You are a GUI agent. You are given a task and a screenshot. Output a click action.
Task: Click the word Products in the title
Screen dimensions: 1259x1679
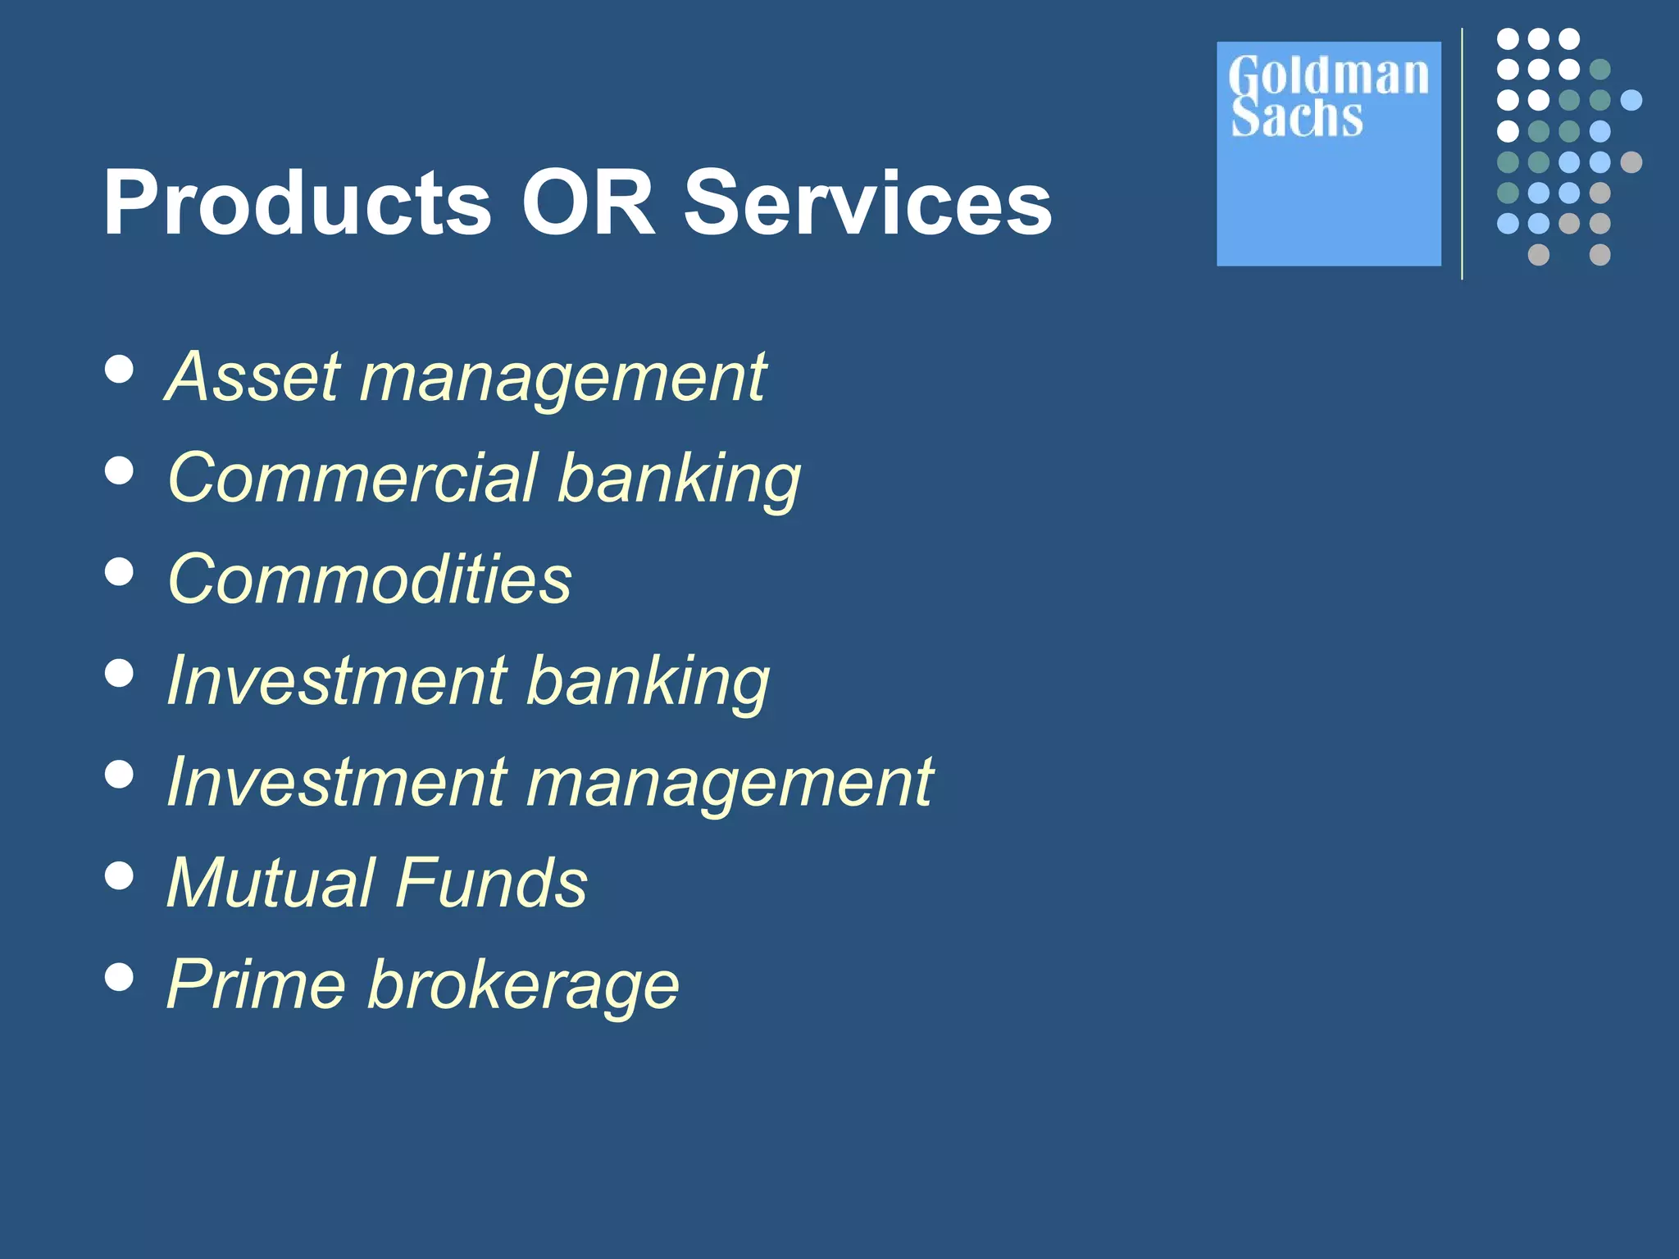point(297,202)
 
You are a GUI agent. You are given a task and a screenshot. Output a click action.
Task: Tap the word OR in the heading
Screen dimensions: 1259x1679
point(588,202)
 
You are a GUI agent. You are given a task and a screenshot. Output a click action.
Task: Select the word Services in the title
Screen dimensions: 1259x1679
point(867,202)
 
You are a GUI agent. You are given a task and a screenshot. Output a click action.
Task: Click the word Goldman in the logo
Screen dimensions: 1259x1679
point(1328,75)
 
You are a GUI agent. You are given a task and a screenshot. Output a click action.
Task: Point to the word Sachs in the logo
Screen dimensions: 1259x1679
point(1297,117)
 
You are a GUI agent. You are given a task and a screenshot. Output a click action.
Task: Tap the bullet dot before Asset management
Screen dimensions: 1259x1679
point(120,369)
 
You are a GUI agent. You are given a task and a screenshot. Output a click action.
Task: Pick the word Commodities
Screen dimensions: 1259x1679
point(369,579)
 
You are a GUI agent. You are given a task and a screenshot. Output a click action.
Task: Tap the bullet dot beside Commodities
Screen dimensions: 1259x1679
point(120,571)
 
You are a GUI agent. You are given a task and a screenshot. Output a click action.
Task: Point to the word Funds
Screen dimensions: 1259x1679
point(492,883)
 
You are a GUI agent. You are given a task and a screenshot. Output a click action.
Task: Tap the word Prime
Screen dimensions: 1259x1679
point(256,984)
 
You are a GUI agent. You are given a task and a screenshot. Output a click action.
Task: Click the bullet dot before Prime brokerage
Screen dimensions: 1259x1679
point(120,976)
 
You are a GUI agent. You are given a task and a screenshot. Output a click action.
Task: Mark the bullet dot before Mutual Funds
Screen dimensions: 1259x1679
point(120,875)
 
